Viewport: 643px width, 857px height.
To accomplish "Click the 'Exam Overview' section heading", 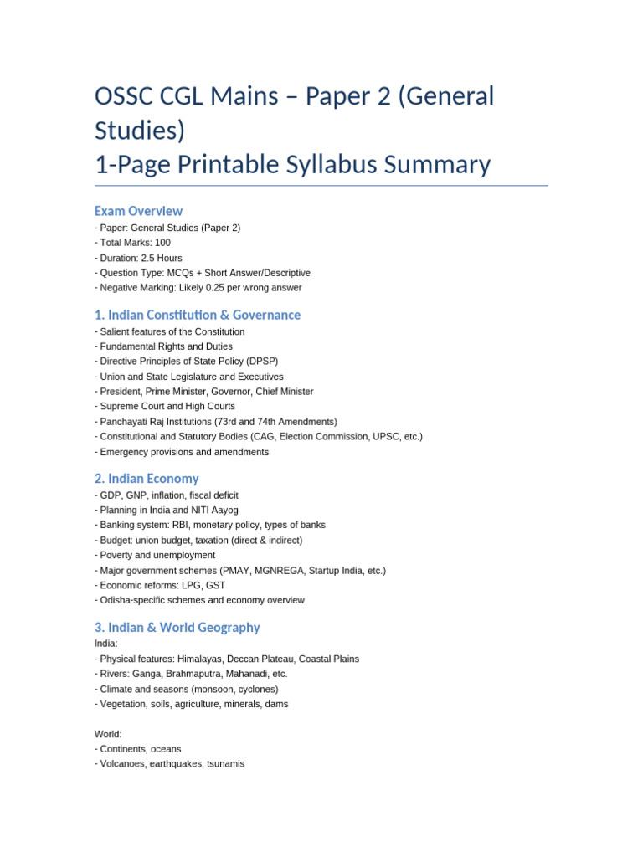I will click(x=138, y=211).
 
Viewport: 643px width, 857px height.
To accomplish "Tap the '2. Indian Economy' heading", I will click(x=147, y=479).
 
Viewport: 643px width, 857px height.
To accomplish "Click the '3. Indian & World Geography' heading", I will click(x=177, y=627).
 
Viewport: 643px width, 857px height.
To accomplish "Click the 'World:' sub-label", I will click(x=108, y=734).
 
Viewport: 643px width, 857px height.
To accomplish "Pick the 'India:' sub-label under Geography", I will click(x=106, y=644).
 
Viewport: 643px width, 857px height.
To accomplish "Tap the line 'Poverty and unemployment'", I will click(x=157, y=555).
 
